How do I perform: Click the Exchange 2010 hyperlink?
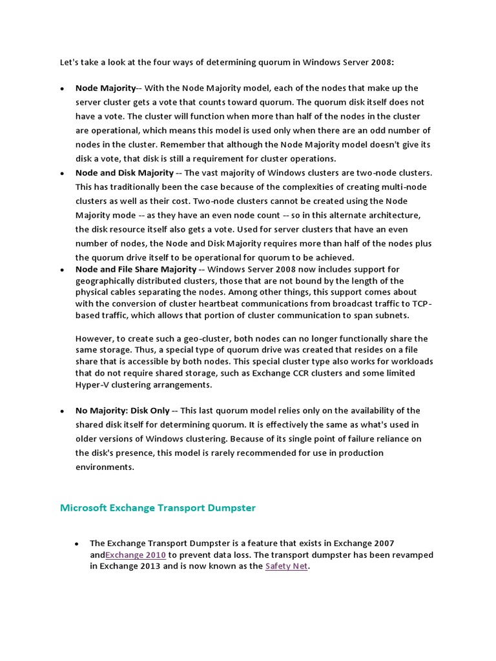point(136,554)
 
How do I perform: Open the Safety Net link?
point(286,566)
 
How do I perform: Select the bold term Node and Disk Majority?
point(125,172)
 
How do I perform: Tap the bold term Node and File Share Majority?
point(136,269)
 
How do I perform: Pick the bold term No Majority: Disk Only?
point(123,411)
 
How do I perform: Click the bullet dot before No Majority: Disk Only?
point(61,411)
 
